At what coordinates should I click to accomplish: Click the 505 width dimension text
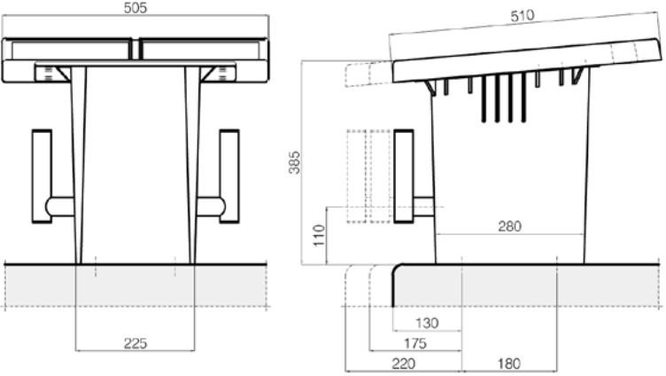coord(136,8)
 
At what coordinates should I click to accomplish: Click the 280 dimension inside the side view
coord(509,226)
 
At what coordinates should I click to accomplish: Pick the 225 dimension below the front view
coord(136,343)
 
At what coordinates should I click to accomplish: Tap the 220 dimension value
coord(404,363)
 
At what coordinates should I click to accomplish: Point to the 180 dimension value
coord(507,363)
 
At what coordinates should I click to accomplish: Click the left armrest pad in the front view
coord(41,175)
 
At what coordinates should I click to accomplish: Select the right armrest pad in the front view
coord(229,175)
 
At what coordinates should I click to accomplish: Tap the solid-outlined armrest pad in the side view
coord(404,175)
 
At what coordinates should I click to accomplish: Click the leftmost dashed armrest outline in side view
coord(355,175)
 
